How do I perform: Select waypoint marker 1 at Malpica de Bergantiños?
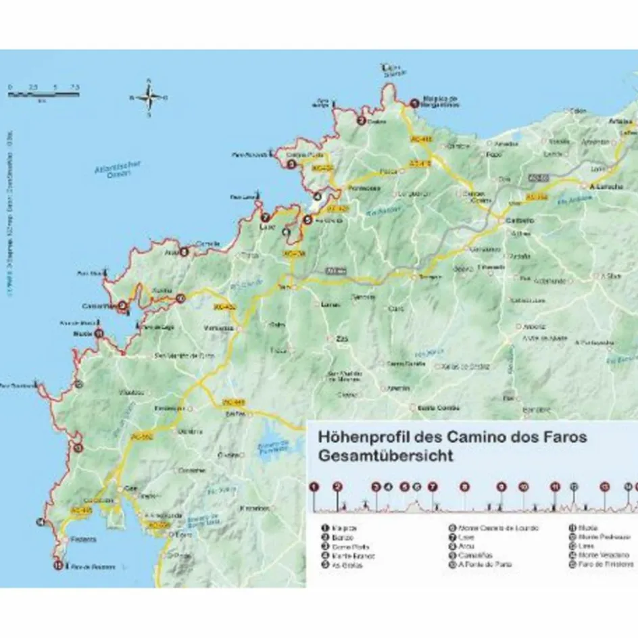(x=414, y=103)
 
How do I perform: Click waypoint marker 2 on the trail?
(x=362, y=122)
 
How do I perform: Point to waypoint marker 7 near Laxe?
(x=266, y=218)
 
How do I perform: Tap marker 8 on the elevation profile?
(x=464, y=486)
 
